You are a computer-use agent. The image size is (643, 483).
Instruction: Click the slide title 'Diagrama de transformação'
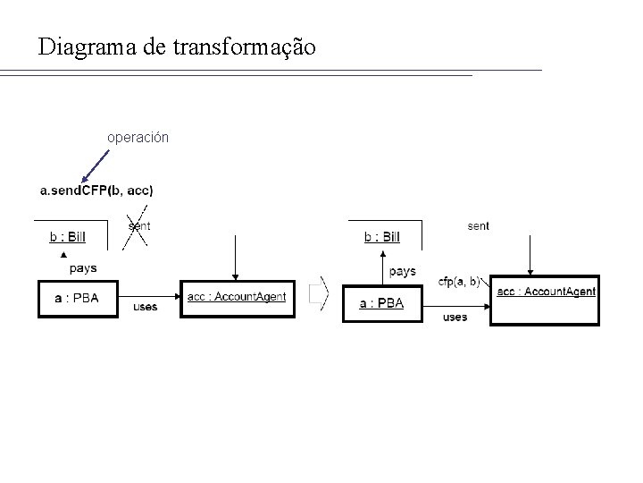point(177,47)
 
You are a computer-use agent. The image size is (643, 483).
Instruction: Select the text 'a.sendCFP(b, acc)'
point(96,190)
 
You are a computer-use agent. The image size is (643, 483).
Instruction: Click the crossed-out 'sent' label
point(138,226)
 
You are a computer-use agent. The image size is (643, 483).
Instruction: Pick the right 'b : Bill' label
point(382,237)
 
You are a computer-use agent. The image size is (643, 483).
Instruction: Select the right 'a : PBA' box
point(380,303)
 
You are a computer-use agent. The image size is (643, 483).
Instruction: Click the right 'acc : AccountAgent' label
point(546,292)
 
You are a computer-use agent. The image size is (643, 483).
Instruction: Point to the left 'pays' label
point(82,268)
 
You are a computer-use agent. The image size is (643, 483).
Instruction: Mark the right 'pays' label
point(403,271)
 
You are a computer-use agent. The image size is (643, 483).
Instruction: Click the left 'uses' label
point(145,307)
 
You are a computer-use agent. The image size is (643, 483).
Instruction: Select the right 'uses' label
point(455,318)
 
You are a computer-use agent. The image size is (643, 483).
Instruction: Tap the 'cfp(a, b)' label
point(459,282)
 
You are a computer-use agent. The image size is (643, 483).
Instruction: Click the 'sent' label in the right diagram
point(478,226)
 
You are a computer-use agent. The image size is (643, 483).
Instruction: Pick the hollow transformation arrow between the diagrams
point(319,292)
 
